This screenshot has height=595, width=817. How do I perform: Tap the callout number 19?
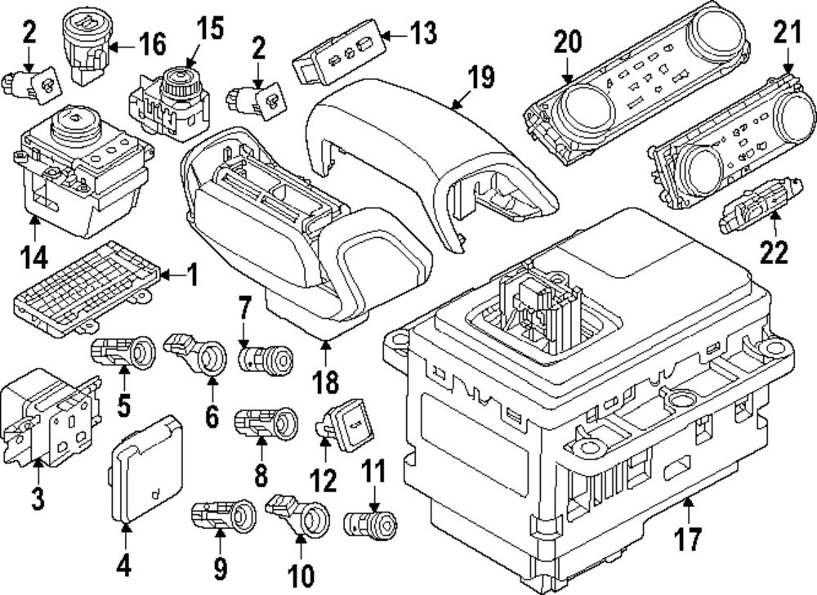coord(481,78)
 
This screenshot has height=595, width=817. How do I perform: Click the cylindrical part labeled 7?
coord(263,358)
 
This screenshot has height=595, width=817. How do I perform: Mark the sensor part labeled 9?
coord(224,515)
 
